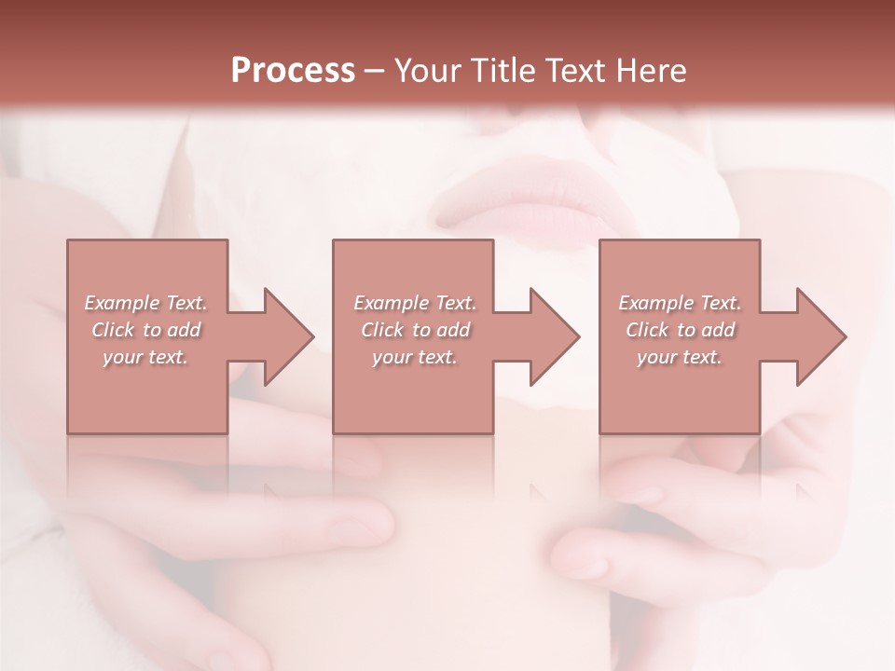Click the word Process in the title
[293, 71]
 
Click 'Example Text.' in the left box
[146, 303]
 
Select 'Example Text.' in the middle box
[415, 303]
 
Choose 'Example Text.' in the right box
[680, 303]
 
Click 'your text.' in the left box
[145, 357]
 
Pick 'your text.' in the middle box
[414, 357]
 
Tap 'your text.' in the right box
[679, 357]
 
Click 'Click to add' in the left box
[146, 330]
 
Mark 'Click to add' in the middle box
[415, 330]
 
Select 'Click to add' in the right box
[680, 330]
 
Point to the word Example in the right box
[655, 303]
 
